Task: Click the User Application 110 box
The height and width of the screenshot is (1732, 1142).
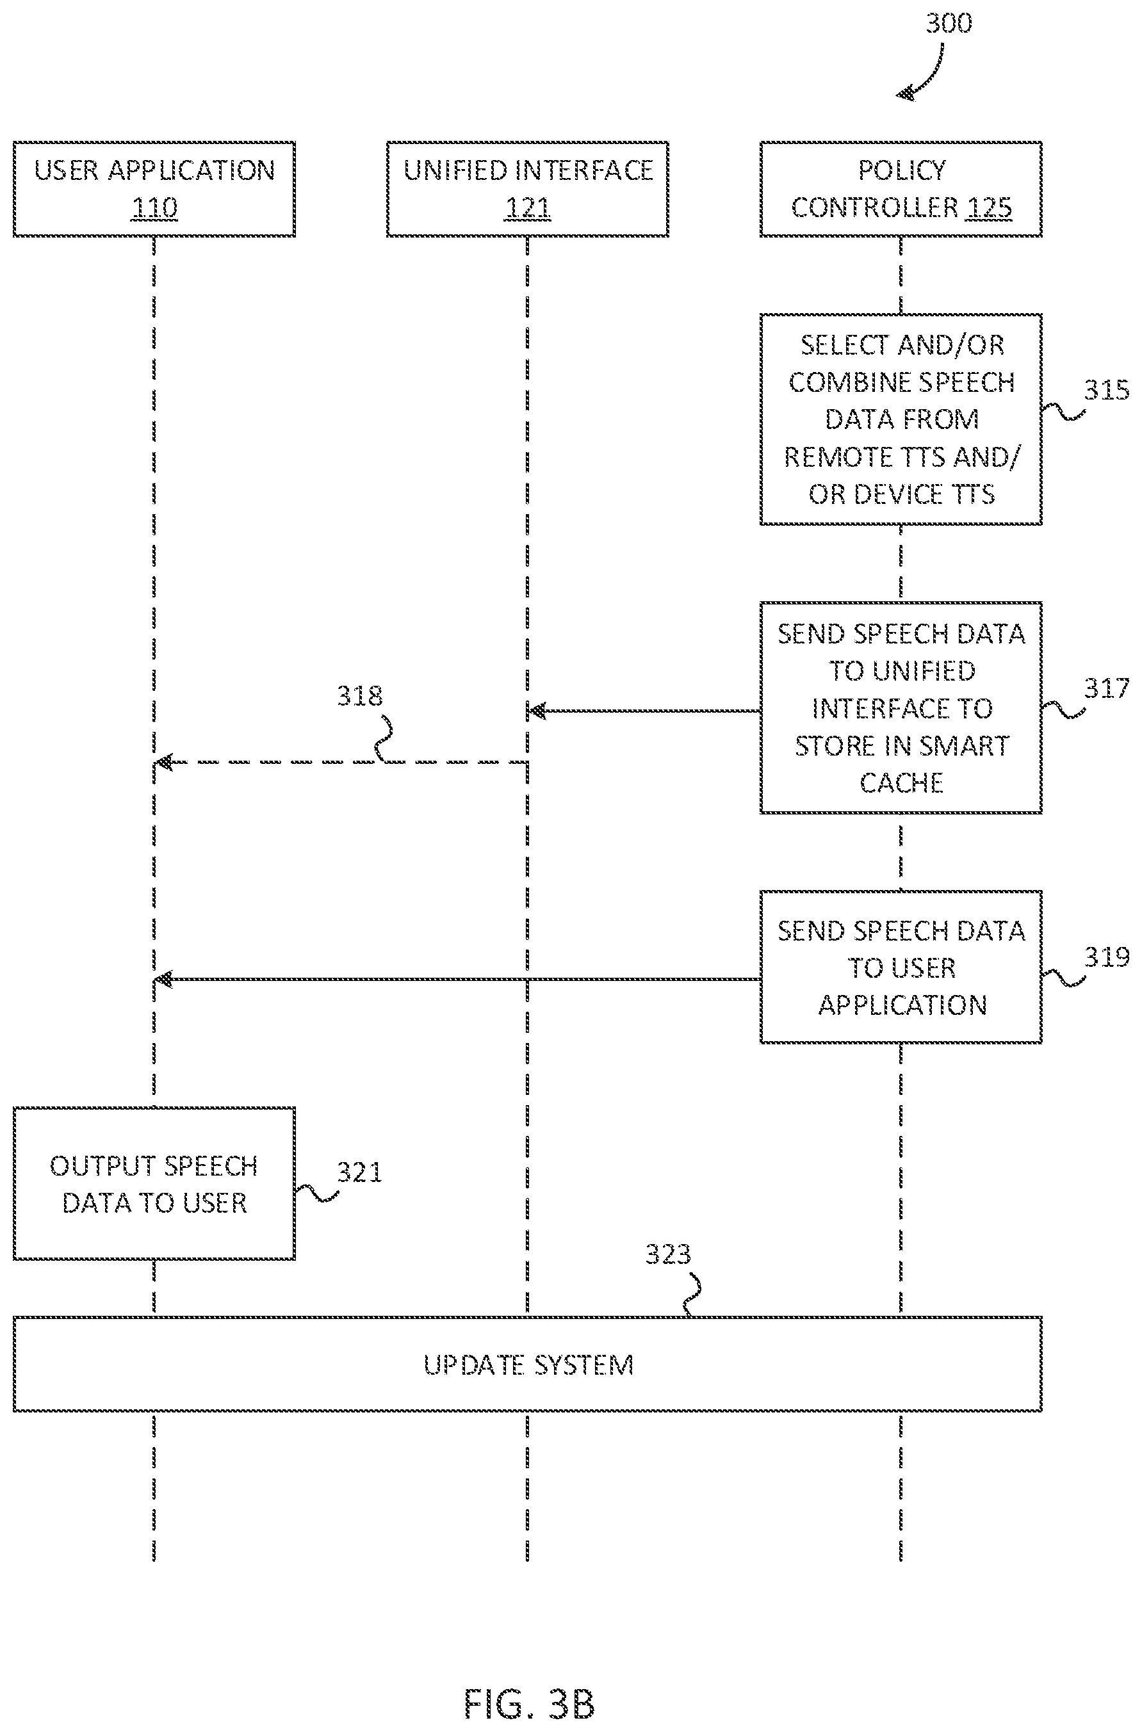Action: coord(154,190)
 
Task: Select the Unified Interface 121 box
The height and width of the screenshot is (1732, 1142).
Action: coord(527,190)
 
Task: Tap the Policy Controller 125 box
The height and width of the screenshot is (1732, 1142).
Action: coord(901,190)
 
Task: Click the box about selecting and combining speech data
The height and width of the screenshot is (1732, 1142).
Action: coord(901,419)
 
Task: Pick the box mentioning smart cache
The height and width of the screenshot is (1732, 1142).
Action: coord(901,708)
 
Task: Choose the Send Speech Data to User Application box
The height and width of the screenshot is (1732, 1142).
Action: coord(901,967)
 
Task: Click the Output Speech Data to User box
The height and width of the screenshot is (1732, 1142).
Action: coord(154,1184)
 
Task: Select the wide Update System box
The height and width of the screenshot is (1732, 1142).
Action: coord(527,1364)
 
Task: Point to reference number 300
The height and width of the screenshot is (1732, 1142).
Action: coord(949,23)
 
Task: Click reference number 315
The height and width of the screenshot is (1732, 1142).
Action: coord(1106,390)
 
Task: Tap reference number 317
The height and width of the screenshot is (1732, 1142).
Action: coord(1106,688)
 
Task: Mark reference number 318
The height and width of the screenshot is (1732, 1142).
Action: coord(359,696)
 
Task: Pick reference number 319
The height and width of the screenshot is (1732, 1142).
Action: coord(1106,957)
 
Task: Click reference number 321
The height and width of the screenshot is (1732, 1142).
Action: coord(359,1172)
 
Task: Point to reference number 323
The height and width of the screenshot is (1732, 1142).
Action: coord(668,1254)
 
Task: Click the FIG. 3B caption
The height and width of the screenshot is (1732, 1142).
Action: coord(530,1704)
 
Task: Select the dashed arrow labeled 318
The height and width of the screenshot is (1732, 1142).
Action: coord(341,762)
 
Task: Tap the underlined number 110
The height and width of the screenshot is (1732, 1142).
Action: coord(154,208)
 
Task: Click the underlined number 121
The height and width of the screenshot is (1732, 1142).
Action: coord(527,208)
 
